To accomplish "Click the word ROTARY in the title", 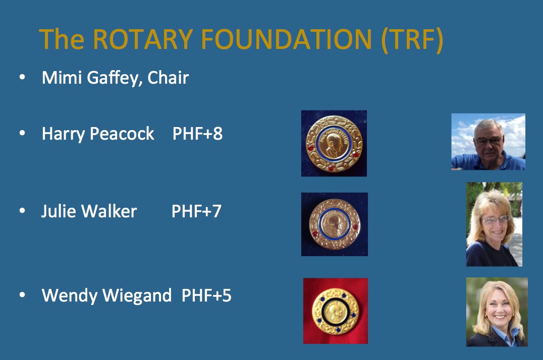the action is point(143,39).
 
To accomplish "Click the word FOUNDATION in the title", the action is point(287,39).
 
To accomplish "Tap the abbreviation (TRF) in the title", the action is point(412,40).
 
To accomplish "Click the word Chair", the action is point(168,77).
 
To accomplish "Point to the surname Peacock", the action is point(122,134).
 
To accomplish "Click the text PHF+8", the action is point(197,134).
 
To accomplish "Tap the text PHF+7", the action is point(196,211).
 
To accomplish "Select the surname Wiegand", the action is point(137,296).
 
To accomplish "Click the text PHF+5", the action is point(206,295).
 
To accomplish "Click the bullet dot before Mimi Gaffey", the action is point(22,77).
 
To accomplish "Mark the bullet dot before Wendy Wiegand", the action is point(22,294).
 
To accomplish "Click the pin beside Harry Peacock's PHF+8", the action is point(334,143).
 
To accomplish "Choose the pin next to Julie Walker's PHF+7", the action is point(335,224).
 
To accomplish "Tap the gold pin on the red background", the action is point(336,311).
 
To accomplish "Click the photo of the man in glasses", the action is point(488,142).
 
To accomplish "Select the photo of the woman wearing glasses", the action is point(494,224).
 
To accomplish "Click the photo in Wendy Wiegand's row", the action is point(497,312).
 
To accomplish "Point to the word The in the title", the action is point(62,39).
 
